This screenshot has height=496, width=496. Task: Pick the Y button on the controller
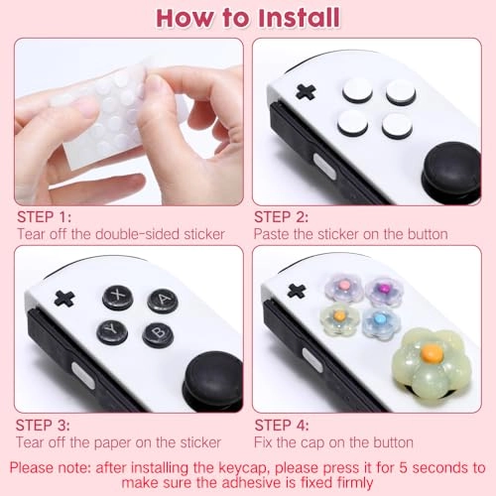(x=112, y=331)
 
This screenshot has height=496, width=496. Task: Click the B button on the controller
(x=157, y=334)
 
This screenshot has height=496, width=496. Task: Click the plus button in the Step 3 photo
(x=64, y=298)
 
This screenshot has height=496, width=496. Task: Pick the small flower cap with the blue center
(x=379, y=321)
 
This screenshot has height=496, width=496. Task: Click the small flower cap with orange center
(x=338, y=317)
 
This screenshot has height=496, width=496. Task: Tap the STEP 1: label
(x=44, y=216)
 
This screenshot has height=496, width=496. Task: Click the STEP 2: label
(x=282, y=216)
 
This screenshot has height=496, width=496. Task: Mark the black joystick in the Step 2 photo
(x=452, y=166)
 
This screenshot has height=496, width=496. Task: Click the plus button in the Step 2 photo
(x=306, y=91)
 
